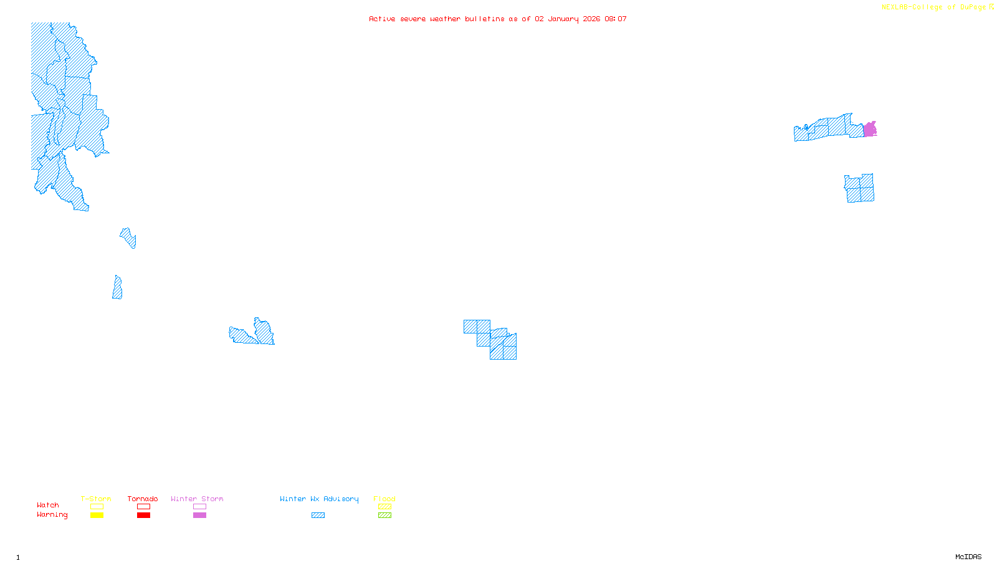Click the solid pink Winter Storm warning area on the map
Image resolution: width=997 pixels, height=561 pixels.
(x=870, y=130)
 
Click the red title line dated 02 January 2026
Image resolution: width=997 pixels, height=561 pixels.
(x=497, y=19)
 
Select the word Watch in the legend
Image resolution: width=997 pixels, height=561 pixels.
(x=48, y=505)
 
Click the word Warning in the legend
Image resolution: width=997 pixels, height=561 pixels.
(x=52, y=515)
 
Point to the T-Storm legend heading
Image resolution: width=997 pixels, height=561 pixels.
(x=96, y=499)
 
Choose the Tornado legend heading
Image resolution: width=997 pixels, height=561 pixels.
(x=143, y=499)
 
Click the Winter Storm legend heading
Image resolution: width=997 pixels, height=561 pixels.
(x=197, y=499)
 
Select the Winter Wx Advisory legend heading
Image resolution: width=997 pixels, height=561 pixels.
(x=319, y=499)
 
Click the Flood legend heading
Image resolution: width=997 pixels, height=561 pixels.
(x=384, y=499)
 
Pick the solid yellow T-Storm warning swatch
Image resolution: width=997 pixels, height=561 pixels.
(x=97, y=515)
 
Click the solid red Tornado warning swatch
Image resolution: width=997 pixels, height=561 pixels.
(x=144, y=515)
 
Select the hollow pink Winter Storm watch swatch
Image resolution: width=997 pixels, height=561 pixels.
(x=199, y=507)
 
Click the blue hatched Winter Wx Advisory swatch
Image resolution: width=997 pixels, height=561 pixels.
(x=318, y=515)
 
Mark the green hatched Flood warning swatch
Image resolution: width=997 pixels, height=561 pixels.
(x=385, y=515)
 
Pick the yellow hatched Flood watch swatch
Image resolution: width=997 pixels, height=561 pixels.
(x=385, y=507)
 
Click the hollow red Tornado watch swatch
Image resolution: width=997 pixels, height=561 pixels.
(x=144, y=507)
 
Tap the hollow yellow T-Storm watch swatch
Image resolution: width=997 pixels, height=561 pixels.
(x=97, y=507)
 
